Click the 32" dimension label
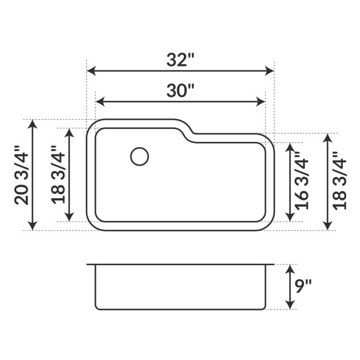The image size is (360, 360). [x=181, y=60]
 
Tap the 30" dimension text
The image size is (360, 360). [x=181, y=90]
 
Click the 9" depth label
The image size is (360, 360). [x=303, y=286]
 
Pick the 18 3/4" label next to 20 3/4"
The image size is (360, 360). [x=58, y=175]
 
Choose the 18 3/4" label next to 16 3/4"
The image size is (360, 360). [x=340, y=181]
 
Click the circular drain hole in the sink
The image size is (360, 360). [x=140, y=156]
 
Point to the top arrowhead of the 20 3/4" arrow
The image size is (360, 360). [x=33, y=124]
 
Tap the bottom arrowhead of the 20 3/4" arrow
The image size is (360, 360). [x=33, y=225]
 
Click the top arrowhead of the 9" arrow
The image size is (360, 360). [x=289, y=269]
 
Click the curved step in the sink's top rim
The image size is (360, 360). [x=188, y=131]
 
